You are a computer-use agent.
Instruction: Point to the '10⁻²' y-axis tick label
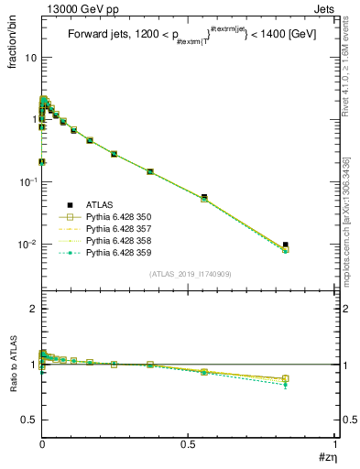pyautogui.click(x=27, y=245)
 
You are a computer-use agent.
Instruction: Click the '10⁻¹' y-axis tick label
pyautogui.click(x=27, y=182)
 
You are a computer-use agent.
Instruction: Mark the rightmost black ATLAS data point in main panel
pyautogui.click(x=286, y=245)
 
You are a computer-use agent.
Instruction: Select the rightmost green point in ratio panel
pyautogui.click(x=286, y=385)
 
